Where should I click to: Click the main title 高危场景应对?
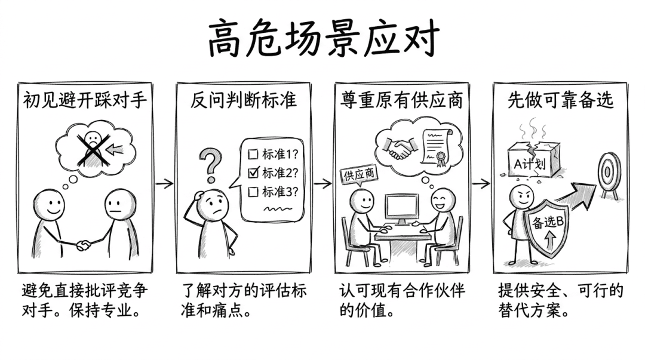(323, 38)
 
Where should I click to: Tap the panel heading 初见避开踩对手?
(85, 100)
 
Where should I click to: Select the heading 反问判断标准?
(244, 100)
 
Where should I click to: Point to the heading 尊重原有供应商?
(401, 100)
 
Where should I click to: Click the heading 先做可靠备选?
(560, 100)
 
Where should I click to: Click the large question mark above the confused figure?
(211, 165)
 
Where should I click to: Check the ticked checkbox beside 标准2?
(254, 173)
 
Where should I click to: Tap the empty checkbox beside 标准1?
(253, 154)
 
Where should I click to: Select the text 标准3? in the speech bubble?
(279, 192)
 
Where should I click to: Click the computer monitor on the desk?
(402, 209)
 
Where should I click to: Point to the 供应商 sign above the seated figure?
(359, 175)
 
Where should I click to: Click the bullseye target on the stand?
(609, 174)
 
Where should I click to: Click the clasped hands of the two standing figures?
(84, 245)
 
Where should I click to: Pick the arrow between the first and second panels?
(165, 183)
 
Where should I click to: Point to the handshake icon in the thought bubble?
(398, 147)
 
